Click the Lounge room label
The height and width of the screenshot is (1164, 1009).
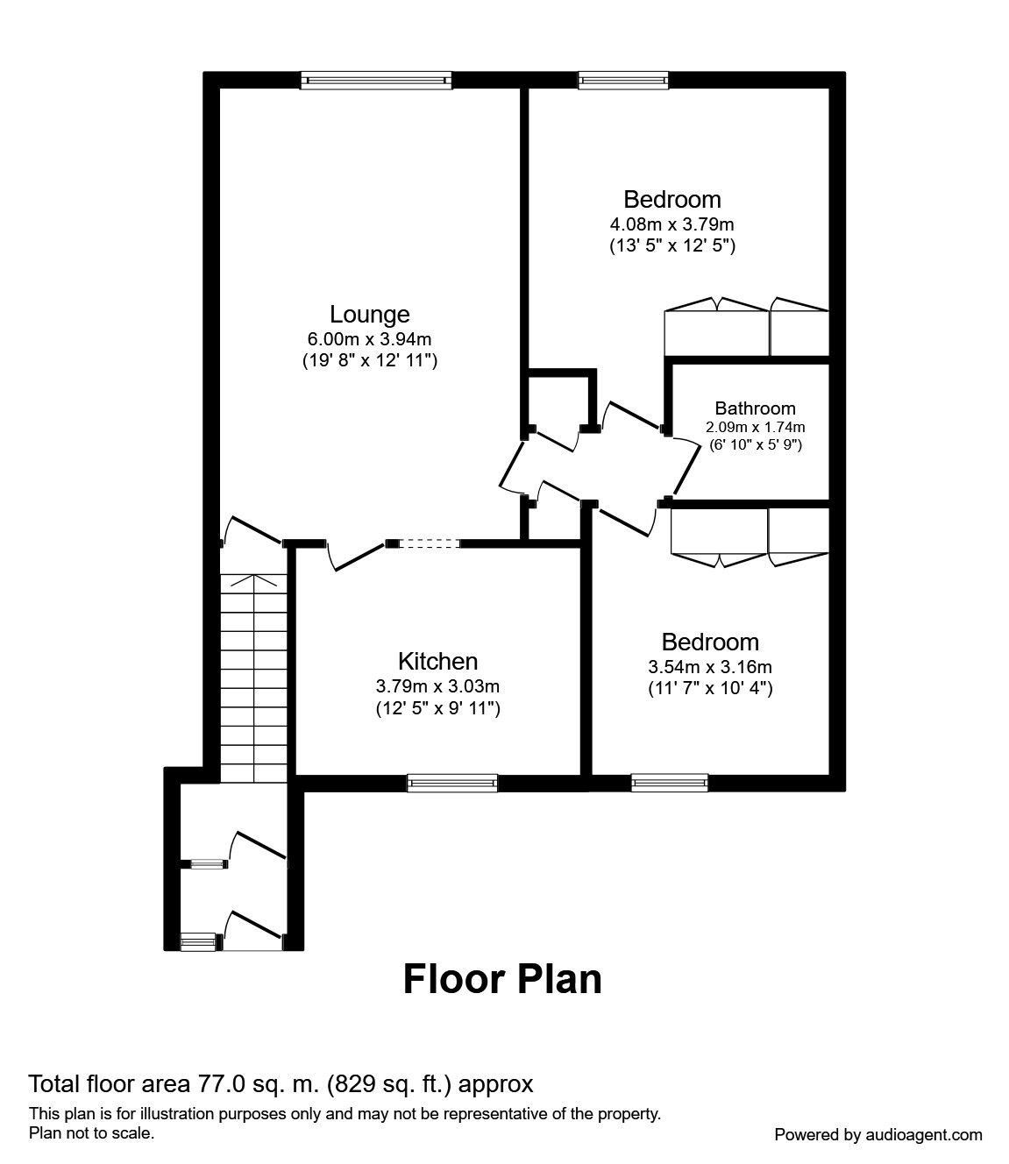coord(369,314)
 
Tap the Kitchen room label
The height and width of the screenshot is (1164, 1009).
coord(437,661)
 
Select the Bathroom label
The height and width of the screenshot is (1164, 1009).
coord(755,408)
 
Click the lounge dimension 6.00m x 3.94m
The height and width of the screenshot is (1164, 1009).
coord(369,339)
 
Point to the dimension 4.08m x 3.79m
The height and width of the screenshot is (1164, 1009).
coord(672,224)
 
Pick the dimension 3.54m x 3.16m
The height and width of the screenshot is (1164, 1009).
coord(710,667)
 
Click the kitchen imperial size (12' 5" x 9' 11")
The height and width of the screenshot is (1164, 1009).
coord(437,707)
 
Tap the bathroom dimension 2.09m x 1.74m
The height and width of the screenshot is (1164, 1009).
coord(755,428)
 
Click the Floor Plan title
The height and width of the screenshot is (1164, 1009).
coord(502,979)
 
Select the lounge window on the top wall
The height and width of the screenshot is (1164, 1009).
coord(376,81)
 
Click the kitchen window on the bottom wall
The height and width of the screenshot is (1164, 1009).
coord(452,783)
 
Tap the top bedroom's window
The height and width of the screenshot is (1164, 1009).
coord(622,81)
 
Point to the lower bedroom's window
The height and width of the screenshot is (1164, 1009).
coord(669,783)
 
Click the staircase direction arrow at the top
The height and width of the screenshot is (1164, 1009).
coord(253,580)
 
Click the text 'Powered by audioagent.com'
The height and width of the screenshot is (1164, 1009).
coord(878,1134)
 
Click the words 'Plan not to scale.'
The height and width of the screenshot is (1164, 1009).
coord(92,1132)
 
